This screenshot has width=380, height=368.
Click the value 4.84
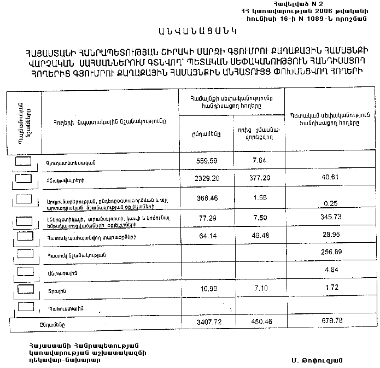click(x=331, y=270)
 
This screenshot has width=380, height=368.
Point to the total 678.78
click(x=331, y=323)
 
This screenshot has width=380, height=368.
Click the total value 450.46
click(x=257, y=323)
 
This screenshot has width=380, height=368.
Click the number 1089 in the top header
click(x=312, y=18)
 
